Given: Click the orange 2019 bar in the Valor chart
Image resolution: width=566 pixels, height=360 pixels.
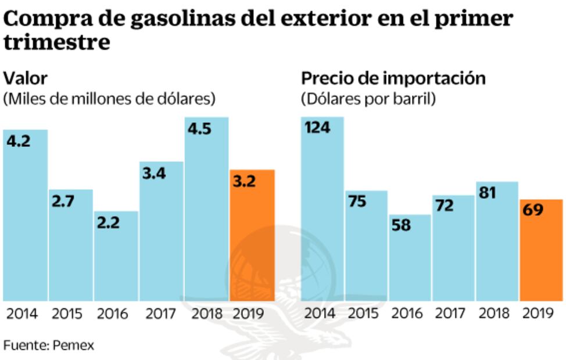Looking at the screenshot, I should [x=252, y=235].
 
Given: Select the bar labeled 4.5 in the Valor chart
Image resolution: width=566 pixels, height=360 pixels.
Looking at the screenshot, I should [x=207, y=209].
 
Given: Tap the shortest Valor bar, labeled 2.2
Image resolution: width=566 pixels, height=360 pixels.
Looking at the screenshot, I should [x=116, y=255].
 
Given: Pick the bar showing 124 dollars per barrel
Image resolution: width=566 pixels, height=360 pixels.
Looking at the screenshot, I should [x=323, y=209].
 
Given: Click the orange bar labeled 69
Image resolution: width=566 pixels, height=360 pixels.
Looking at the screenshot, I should [x=542, y=250].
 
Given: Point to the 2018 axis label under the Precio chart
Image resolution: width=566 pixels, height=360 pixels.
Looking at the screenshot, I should [x=495, y=314].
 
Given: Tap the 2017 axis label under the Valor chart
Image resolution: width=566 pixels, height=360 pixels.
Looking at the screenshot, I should [x=161, y=314].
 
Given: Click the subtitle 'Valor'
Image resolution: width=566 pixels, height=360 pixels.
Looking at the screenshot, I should [x=26, y=78].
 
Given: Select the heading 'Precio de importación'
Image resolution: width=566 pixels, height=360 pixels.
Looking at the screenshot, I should [x=393, y=78].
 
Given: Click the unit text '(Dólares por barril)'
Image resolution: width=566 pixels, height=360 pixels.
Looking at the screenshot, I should [x=368, y=99].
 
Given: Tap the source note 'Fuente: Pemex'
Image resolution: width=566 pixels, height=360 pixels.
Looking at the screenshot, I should [x=49, y=345].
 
